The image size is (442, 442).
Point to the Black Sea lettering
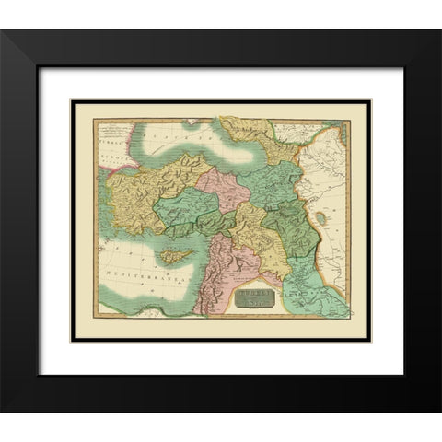click(x=180, y=134)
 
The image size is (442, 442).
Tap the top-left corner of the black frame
click(x=5, y=31)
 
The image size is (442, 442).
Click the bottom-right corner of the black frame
click(x=437, y=412)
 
